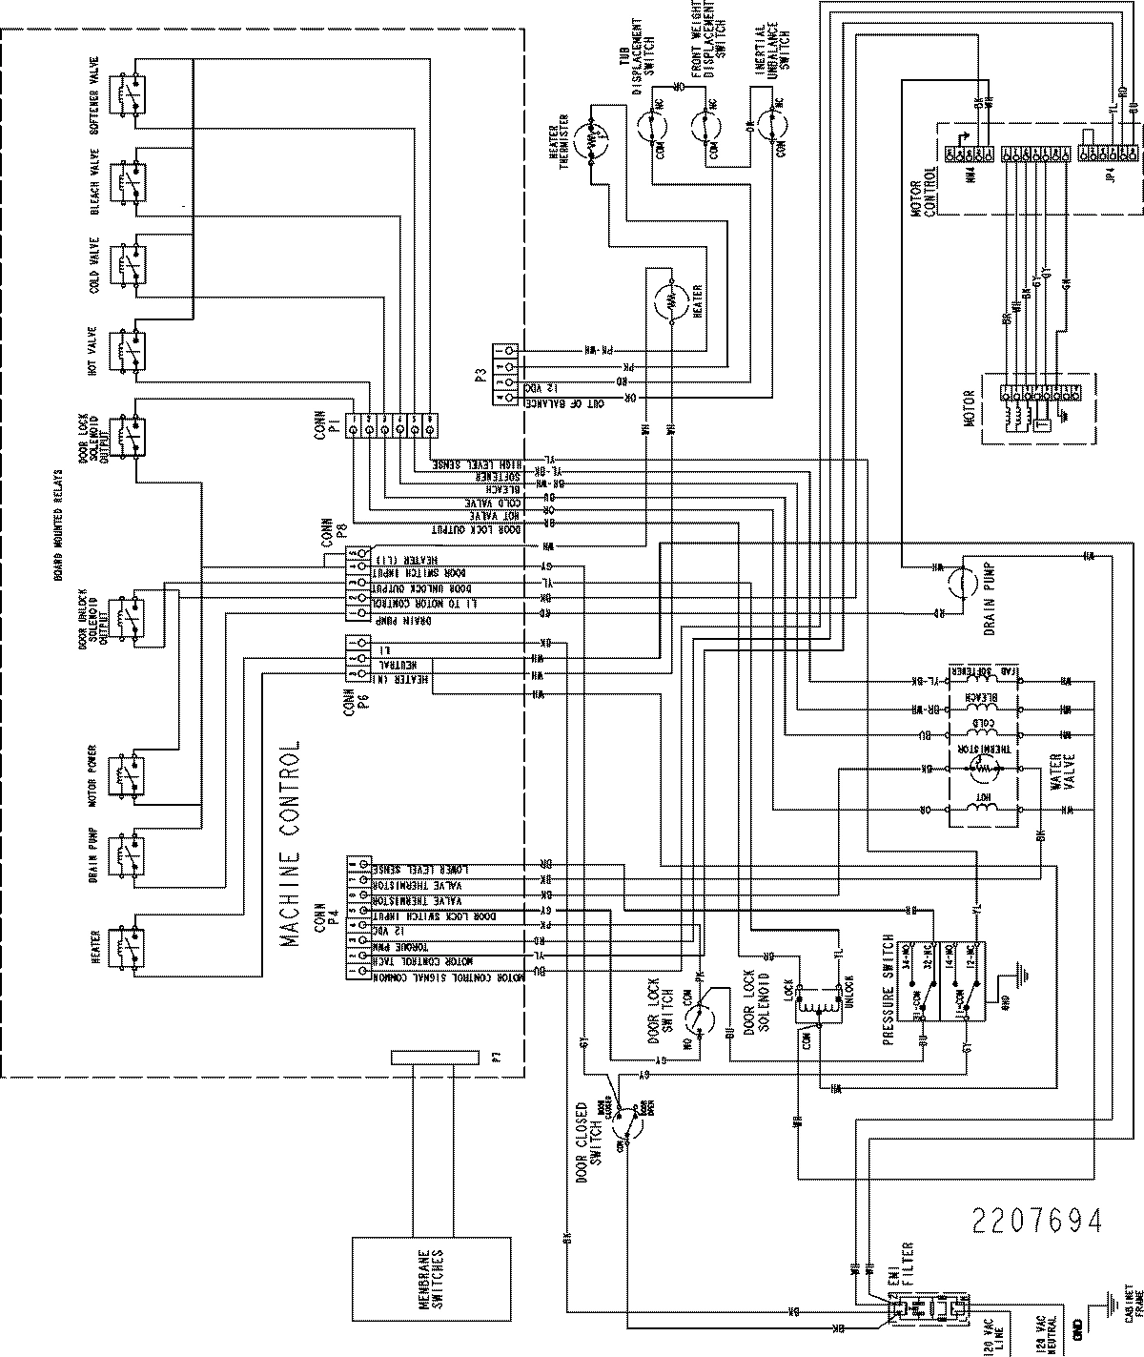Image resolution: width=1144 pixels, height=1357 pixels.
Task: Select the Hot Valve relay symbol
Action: pyautogui.click(x=127, y=352)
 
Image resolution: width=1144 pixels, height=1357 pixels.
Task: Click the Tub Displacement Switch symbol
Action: pyautogui.click(x=657, y=124)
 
